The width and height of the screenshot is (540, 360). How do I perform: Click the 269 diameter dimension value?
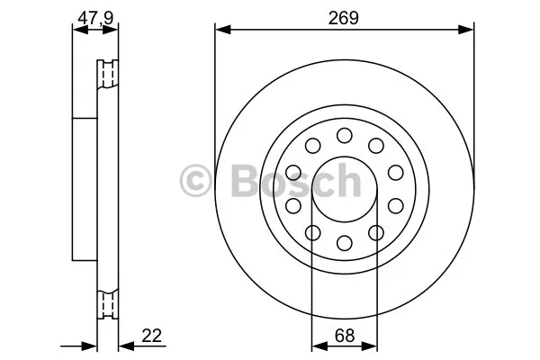[344, 18]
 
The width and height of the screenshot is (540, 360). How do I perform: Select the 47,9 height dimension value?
[95, 18]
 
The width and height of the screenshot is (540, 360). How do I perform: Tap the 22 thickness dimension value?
[151, 335]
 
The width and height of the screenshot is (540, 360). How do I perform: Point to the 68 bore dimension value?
[345, 335]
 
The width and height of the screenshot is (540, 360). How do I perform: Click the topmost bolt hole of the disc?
[345, 135]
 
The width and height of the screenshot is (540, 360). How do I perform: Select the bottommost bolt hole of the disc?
[345, 243]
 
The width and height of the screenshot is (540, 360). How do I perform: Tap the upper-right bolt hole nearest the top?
[376, 146]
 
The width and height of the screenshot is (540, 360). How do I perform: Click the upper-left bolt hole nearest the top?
[312, 146]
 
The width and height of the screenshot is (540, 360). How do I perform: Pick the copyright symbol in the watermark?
[195, 181]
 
